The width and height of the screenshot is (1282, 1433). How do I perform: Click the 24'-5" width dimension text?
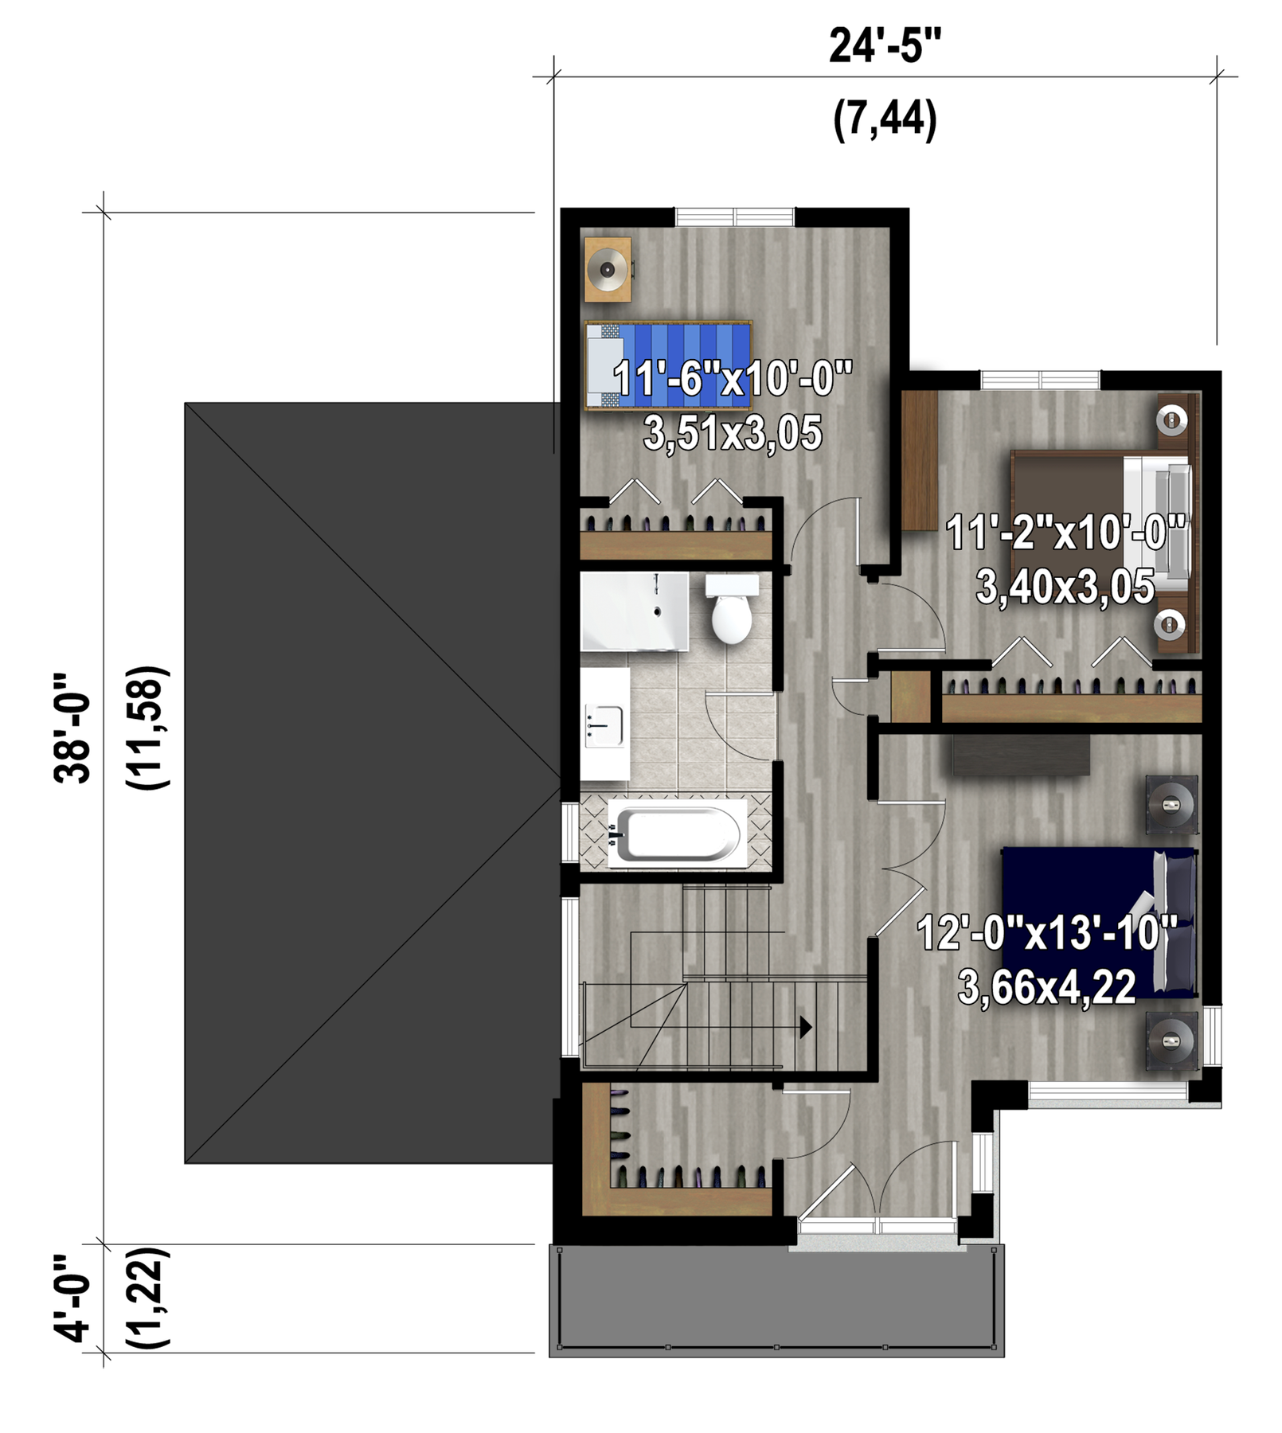885,46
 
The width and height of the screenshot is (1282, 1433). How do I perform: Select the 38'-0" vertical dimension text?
72,728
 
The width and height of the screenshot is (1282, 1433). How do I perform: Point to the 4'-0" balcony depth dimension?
72,1298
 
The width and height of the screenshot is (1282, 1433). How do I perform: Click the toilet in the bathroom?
732,609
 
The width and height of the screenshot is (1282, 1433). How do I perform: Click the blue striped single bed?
668,365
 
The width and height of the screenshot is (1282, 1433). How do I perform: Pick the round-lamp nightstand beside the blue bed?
608,269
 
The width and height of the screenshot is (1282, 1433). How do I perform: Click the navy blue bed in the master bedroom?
1100,922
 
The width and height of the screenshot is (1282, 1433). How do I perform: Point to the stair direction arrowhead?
806,1027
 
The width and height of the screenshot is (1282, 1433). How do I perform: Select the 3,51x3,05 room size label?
733,434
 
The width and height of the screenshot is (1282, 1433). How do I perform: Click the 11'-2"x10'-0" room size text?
1066,533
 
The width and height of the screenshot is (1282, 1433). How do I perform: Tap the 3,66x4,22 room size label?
1047,988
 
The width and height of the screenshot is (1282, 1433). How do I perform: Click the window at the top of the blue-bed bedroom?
735,217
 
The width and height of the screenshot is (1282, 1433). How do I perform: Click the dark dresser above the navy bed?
1022,755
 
